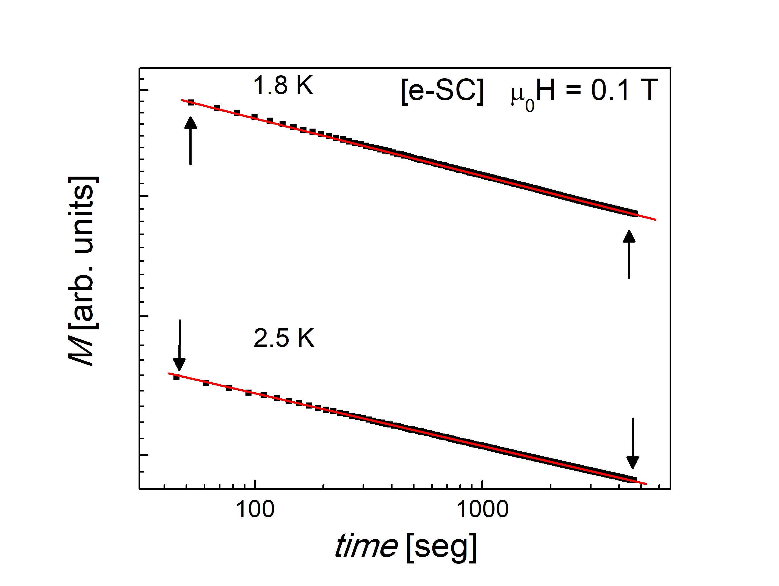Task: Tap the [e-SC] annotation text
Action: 442,91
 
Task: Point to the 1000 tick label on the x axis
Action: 482,509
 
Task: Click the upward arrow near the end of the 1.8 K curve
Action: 629,254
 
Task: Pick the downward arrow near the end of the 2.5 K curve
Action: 632,443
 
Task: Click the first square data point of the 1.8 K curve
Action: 191,102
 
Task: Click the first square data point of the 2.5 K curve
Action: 176,377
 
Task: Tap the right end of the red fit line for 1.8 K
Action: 655,220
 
